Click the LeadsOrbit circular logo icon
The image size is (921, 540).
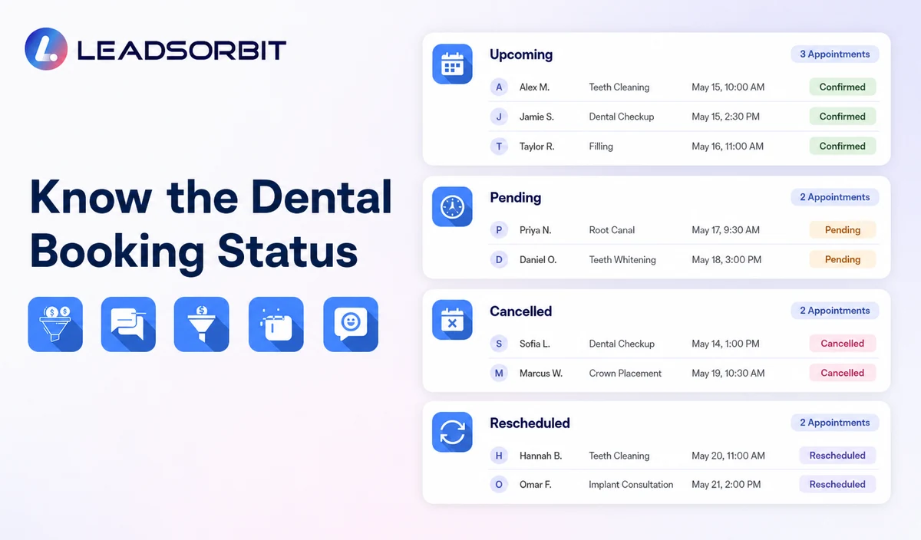point(46,49)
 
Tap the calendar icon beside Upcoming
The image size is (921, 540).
point(452,64)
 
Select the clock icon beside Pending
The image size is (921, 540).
point(452,206)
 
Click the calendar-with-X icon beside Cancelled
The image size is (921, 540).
point(452,320)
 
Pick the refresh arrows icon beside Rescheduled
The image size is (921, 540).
point(452,432)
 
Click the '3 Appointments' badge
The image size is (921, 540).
point(835,54)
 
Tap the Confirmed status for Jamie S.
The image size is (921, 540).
point(843,117)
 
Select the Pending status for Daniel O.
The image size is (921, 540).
point(843,260)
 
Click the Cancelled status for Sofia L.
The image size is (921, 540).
point(843,344)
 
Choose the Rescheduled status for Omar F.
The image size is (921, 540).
point(837,485)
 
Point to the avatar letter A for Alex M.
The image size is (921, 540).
point(499,87)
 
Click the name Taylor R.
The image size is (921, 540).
point(536,147)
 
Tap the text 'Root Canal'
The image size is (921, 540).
point(612,230)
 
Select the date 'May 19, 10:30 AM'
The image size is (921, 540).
point(728,373)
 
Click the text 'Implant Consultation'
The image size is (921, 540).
point(631,485)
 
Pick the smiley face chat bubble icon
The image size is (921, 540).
point(351,324)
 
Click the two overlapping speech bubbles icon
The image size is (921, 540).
point(128,324)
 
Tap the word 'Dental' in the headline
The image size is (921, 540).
point(321,197)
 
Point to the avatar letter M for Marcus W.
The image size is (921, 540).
point(499,373)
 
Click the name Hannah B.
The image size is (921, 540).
point(540,456)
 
